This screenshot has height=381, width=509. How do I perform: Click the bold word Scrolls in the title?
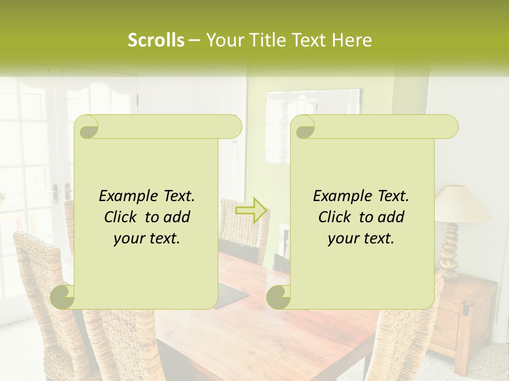[156, 40]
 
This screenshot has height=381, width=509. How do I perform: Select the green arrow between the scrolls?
[252, 210]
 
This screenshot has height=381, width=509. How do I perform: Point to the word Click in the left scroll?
[121, 217]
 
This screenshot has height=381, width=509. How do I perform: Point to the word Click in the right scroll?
[336, 217]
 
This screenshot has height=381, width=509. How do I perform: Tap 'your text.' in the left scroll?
[147, 238]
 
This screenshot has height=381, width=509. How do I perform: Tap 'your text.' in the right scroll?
[361, 238]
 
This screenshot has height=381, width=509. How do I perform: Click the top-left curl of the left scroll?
[86, 127]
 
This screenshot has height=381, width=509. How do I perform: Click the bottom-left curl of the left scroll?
[63, 297]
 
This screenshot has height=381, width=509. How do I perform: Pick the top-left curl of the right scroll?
[303, 127]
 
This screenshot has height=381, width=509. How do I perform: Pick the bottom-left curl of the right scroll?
[278, 297]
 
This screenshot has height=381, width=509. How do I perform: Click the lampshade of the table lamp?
[462, 204]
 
